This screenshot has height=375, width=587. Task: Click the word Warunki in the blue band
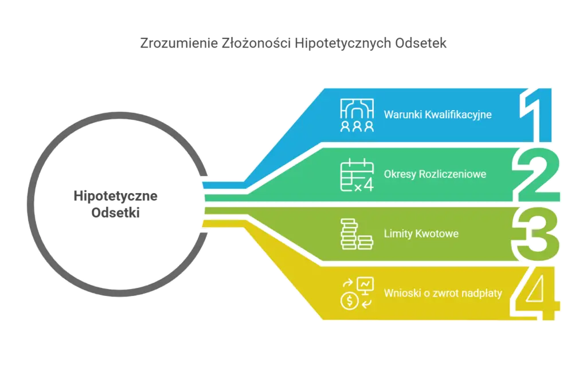tap(401, 115)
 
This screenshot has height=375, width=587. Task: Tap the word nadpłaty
tap(482, 294)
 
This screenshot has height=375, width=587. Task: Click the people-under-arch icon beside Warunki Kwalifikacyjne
tap(357, 115)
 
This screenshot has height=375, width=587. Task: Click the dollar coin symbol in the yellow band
tap(348, 300)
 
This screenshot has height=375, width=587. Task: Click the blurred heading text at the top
tap(293, 44)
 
